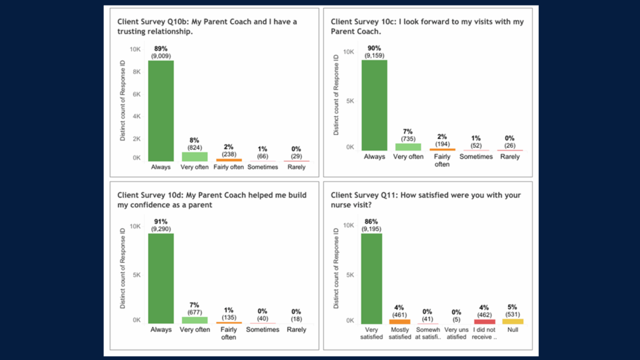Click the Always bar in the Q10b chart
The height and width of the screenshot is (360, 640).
pyautogui.click(x=161, y=111)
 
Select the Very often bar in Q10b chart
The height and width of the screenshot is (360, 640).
pyautogui.click(x=194, y=156)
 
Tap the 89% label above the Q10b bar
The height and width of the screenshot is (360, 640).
pyautogui.click(x=161, y=48)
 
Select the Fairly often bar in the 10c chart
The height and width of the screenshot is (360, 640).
pyautogui.click(x=442, y=150)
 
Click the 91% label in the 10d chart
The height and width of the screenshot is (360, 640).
pyautogui.click(x=161, y=221)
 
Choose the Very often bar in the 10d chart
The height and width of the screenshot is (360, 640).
pyautogui.click(x=194, y=319)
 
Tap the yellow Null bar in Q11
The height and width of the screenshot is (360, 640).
pyautogui.click(x=512, y=321)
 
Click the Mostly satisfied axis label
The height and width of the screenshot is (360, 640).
pyautogui.click(x=400, y=332)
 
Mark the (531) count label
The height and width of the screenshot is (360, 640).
pyautogui.click(x=512, y=314)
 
